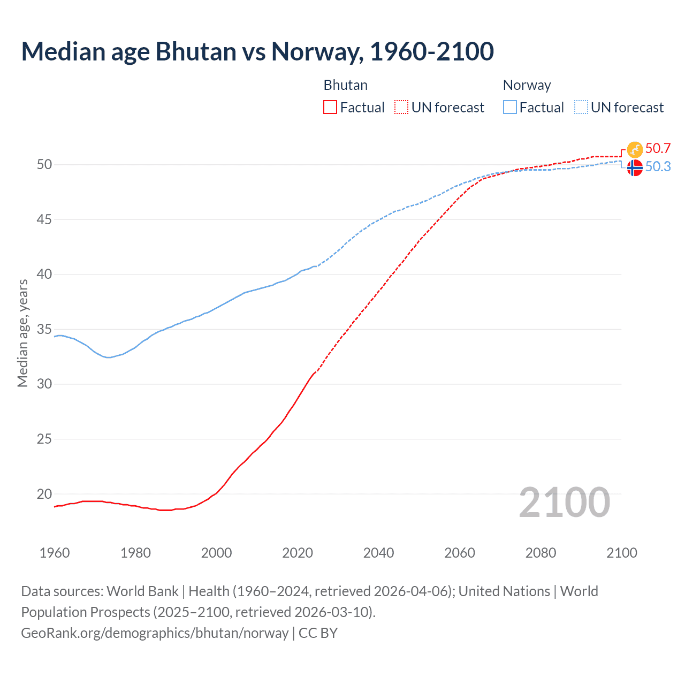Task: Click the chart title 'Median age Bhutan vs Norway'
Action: pos(257,52)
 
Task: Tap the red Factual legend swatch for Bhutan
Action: pos(330,108)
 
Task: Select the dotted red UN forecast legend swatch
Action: pos(401,108)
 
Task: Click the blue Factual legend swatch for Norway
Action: pos(510,108)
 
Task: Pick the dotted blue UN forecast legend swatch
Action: pos(581,108)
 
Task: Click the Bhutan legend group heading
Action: pos(346,85)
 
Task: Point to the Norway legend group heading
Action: pos(527,85)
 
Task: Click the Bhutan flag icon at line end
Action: pos(635,149)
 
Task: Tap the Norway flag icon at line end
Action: pos(635,168)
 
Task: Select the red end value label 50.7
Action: pos(658,149)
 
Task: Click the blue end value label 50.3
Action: pos(658,167)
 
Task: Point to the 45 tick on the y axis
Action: pos(44,219)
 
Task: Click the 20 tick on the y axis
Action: pos(44,494)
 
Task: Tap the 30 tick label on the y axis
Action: pos(44,384)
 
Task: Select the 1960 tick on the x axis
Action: pos(55,553)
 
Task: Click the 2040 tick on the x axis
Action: pos(378,553)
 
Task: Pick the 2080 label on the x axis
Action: pos(541,553)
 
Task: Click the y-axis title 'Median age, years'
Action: pos(22,333)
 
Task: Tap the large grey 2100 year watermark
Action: pos(564,503)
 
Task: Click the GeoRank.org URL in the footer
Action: pos(155,633)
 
